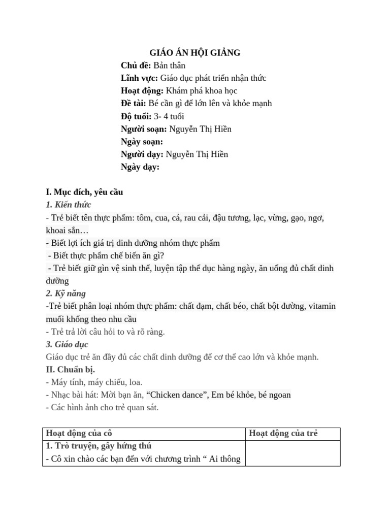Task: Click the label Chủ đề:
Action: [136, 66]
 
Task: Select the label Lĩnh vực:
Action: [140, 78]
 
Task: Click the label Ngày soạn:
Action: [142, 142]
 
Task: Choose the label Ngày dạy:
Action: [140, 167]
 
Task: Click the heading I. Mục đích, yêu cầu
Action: [84, 192]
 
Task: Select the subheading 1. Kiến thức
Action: [68, 205]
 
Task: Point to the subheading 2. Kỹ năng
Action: [66, 294]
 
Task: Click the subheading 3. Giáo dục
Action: [67, 344]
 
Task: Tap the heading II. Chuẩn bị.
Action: [70, 369]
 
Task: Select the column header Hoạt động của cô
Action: [79, 433]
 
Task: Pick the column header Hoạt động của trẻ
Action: [283, 433]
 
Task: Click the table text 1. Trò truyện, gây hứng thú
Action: [99, 446]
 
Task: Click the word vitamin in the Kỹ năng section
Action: [320, 306]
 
